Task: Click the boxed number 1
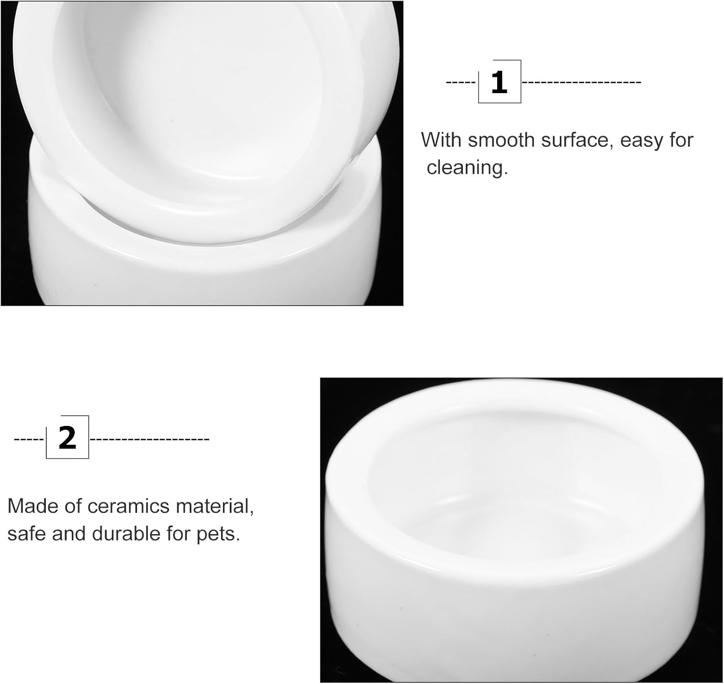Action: [500, 82]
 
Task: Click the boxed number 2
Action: [68, 438]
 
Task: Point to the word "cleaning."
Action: [467, 167]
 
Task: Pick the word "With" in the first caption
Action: [441, 140]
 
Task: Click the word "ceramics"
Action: [128, 506]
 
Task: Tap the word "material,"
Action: [215, 506]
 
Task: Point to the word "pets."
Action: [218, 535]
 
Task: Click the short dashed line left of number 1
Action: [460, 82]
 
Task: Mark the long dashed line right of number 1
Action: [582, 82]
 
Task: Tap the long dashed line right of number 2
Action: [150, 439]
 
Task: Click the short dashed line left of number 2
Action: [29, 439]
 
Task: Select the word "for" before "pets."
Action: [179, 534]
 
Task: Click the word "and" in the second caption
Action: [69, 534]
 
